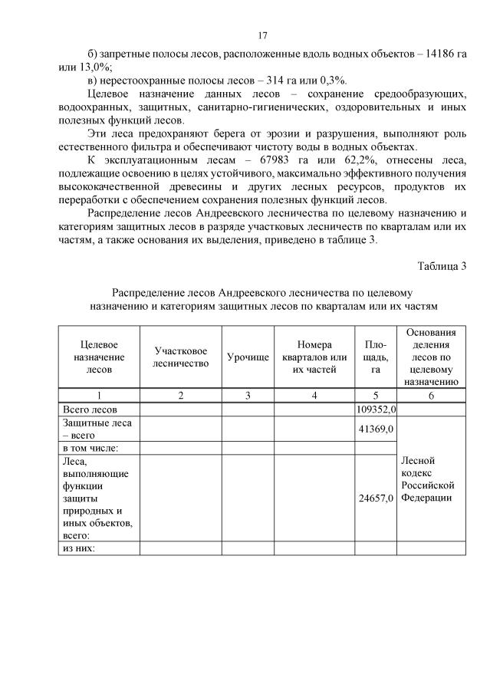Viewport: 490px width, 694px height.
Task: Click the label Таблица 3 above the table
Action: click(442, 266)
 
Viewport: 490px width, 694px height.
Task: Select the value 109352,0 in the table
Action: click(376, 409)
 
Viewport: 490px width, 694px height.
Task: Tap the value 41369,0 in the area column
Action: click(377, 429)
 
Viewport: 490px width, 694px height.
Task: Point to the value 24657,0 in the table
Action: click(376, 498)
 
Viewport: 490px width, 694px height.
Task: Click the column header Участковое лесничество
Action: click(181, 357)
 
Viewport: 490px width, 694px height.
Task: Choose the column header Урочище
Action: click(248, 358)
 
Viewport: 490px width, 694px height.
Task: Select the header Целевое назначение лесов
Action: click(99, 357)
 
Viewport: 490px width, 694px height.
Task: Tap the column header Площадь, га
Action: click(376, 357)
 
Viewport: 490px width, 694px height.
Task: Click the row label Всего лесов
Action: click(89, 409)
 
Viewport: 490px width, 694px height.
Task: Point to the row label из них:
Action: click(77, 548)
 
